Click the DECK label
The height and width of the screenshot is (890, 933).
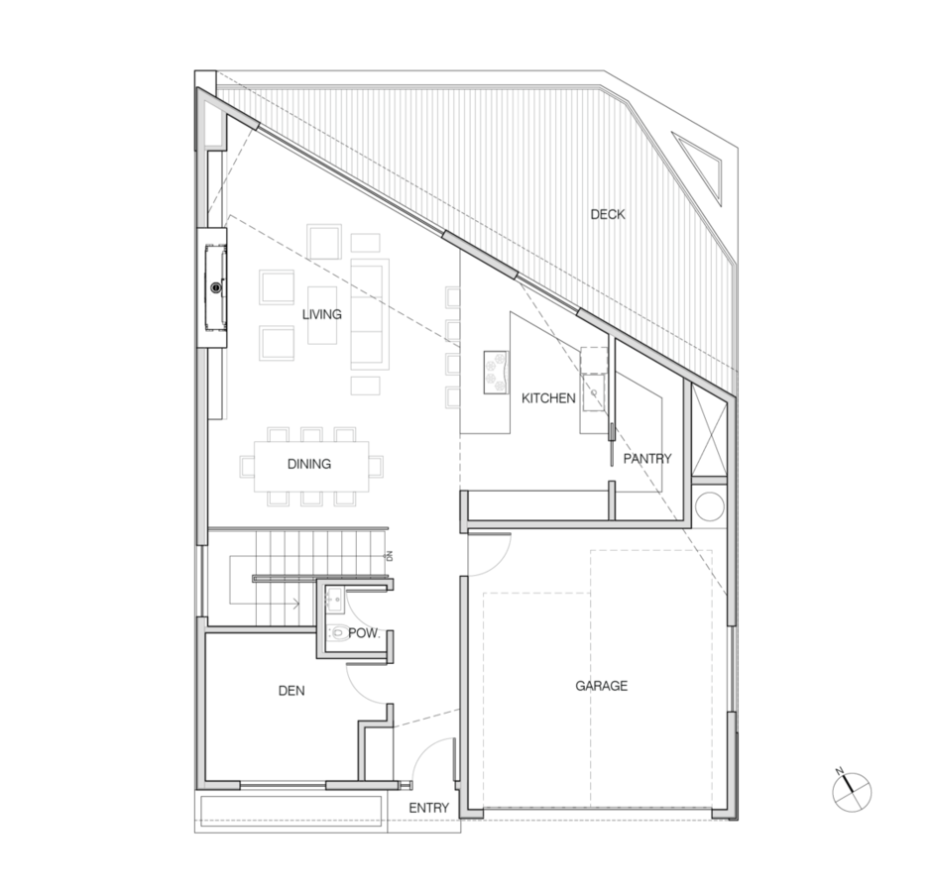pos(608,214)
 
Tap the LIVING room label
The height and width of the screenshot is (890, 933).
pos(322,314)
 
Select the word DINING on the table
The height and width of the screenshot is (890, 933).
pos(309,464)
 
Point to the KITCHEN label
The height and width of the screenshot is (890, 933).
pos(548,398)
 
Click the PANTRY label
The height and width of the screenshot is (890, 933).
pos(647,459)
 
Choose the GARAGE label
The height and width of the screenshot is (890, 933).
pos(602,686)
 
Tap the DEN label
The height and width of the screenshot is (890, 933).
pos(292,691)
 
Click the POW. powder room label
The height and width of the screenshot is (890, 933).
pos(364,633)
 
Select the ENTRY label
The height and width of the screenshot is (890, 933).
pos(429,808)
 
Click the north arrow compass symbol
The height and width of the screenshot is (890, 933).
pos(851,792)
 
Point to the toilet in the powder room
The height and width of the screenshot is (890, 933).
pos(338,633)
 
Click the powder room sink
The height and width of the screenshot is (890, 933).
pos(333,599)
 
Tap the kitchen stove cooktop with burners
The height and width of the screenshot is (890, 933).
pos(496,372)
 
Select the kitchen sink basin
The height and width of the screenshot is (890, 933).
pos(593,392)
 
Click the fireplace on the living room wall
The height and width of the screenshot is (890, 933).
pos(216,288)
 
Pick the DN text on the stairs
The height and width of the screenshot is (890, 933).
pos(390,556)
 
